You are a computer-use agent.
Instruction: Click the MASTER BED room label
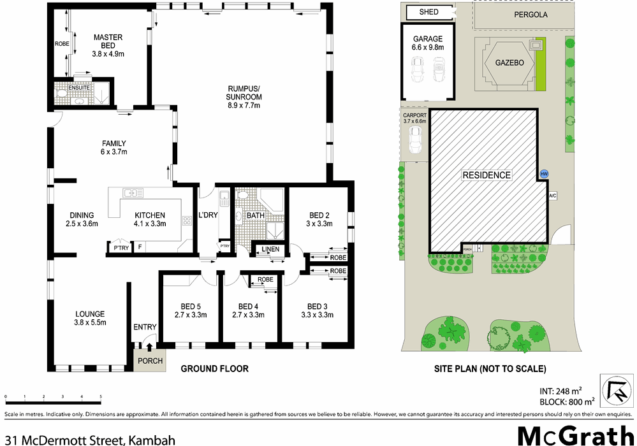pyautogui.click(x=108, y=38)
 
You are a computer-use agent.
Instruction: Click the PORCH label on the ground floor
pyautogui.click(x=150, y=361)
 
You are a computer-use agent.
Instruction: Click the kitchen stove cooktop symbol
pyautogui.click(x=187, y=221)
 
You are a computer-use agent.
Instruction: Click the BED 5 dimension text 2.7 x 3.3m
pyautogui.click(x=190, y=314)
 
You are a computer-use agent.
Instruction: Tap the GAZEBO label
pyautogui.click(x=509, y=62)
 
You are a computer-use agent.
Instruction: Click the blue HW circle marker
pyautogui.click(x=544, y=173)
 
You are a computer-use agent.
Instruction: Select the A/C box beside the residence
pyautogui.click(x=553, y=196)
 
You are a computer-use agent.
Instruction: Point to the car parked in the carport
pyautogui.click(x=416, y=140)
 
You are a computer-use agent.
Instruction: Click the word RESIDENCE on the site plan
pyautogui.click(x=487, y=175)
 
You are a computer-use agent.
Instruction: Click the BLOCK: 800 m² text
pyautogui.click(x=567, y=401)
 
